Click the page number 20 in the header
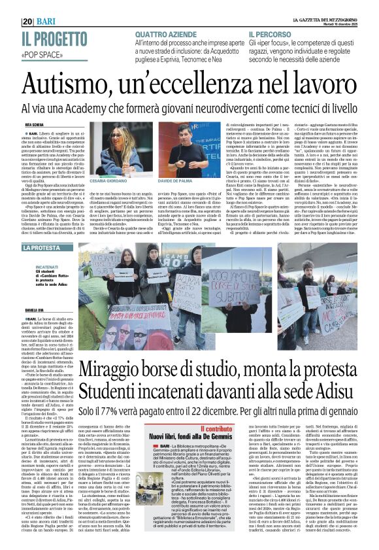click(x=27, y=22)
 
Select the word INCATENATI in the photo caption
click(x=47, y=267)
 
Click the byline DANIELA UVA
click(x=35, y=310)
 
